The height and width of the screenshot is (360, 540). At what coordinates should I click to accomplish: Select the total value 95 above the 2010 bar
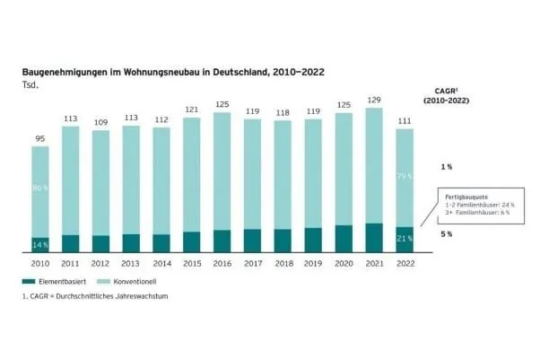39,138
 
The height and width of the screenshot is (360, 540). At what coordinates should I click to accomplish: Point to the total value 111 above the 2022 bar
405,120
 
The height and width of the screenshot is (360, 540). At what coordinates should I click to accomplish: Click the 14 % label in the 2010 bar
39,244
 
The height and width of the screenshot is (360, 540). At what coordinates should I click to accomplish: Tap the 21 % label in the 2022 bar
405,239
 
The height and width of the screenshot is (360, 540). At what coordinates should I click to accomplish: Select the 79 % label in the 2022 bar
405,177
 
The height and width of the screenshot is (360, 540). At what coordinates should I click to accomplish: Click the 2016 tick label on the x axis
222,264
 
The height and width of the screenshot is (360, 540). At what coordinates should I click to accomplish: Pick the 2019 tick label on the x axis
314,264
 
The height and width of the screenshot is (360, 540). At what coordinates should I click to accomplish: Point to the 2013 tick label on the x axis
131,264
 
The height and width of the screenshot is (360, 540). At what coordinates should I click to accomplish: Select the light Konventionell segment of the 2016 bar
222,171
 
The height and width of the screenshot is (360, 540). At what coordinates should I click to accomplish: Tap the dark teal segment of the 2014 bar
161,242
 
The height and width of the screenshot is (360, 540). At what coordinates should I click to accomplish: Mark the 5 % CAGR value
446,233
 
